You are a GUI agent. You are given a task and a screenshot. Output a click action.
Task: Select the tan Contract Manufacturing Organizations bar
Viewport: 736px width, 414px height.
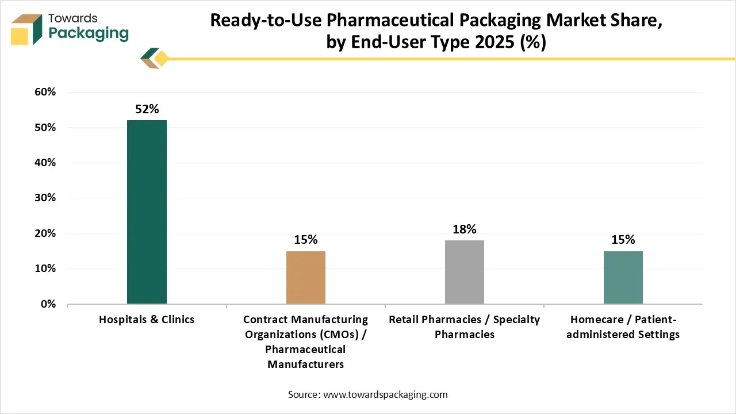coord(306,277)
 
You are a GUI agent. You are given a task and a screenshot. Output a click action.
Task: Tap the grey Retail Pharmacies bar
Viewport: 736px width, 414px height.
coord(465,272)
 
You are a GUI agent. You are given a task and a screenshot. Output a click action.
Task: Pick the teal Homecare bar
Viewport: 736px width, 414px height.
coord(623,277)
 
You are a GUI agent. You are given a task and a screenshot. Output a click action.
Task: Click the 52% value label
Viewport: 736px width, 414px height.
coord(147,109)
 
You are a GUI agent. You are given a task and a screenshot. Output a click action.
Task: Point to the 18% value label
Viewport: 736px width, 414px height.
coord(465,229)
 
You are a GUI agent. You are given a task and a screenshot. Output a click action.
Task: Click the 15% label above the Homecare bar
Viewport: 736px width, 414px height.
coord(623,240)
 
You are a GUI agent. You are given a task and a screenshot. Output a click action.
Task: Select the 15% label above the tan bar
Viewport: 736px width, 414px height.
coord(306,240)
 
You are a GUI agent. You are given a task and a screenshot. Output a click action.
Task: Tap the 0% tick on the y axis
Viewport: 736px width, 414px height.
coord(48,304)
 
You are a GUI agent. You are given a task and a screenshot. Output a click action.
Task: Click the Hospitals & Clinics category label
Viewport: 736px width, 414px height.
coord(147,319)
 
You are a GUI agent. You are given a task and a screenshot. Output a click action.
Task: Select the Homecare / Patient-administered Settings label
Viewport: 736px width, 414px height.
coord(623,327)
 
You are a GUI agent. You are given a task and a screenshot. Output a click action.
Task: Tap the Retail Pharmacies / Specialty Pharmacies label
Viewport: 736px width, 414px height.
coord(465,327)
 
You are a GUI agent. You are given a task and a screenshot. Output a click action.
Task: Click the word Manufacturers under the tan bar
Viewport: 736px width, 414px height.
coord(306,364)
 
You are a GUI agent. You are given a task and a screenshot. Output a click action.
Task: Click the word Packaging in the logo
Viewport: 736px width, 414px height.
coord(89,33)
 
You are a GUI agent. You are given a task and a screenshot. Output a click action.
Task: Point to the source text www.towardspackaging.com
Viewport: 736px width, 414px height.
coord(385,394)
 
